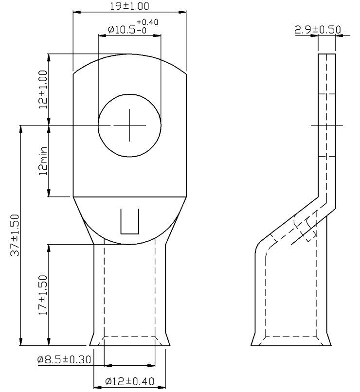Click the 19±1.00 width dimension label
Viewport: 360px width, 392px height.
point(129,6)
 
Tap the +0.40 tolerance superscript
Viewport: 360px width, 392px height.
point(147,22)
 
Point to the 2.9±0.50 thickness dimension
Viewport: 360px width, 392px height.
point(318,30)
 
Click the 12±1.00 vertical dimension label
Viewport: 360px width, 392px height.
point(43,89)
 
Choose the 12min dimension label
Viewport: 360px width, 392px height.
point(43,161)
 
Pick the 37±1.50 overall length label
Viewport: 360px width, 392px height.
point(15,235)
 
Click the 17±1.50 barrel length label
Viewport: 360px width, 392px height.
point(43,295)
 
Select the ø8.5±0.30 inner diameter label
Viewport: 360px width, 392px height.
point(64,360)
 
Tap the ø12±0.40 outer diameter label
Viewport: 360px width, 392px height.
point(129,381)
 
